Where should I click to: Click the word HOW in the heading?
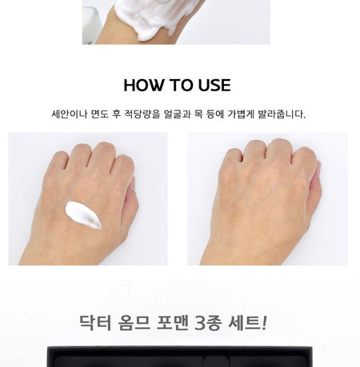143,86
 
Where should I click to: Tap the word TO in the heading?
181,86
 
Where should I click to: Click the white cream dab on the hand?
83,215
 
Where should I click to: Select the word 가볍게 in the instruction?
241,114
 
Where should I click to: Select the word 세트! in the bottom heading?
248,322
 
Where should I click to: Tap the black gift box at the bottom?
180,357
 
